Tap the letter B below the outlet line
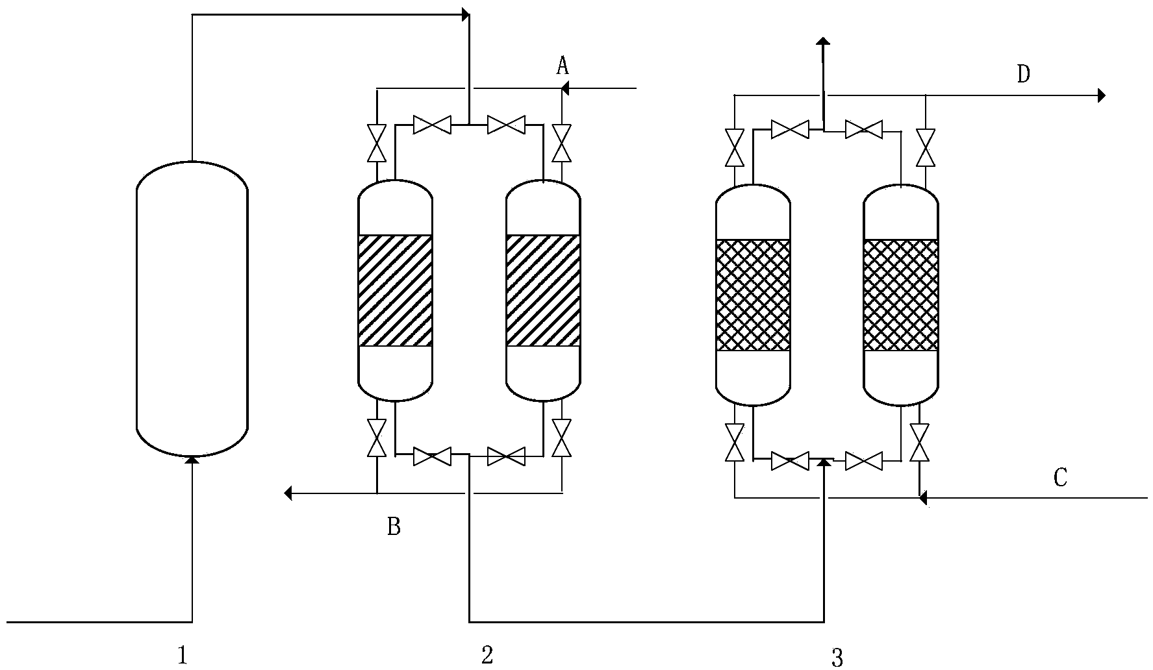coord(394,527)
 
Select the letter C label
coord(1059,478)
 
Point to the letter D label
coord(1023,75)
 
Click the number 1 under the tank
coord(183,655)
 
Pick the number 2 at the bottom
coord(487,655)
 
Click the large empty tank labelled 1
coord(192,309)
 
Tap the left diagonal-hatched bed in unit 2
coord(395,290)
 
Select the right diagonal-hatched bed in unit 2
coord(543,290)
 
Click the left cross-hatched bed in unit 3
coord(753,295)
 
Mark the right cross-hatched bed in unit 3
coord(901,295)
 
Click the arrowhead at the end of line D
coord(1101,95)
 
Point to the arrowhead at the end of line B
coord(288,494)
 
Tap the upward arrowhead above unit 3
coord(823,42)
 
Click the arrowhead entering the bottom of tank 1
coord(192,460)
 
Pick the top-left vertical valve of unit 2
coord(376,143)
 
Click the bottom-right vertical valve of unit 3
coord(919,443)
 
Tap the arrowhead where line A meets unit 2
coord(564,88)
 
